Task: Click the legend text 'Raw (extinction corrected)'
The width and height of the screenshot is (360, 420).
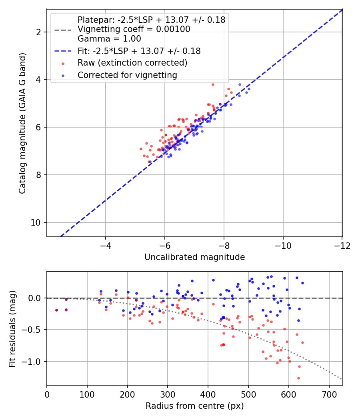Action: click(x=132, y=63)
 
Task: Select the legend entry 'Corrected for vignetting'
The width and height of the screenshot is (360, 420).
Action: click(x=127, y=75)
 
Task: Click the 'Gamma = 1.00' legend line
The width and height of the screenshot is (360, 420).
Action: click(x=109, y=39)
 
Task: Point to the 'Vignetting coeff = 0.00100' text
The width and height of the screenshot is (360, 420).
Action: click(x=134, y=29)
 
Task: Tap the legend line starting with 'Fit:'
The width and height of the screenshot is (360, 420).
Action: click(x=139, y=51)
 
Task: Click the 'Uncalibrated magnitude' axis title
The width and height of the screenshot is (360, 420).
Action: click(x=194, y=257)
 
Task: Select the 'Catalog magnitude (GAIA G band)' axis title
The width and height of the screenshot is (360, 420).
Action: click(x=23, y=123)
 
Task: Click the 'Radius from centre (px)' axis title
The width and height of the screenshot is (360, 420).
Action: click(x=194, y=406)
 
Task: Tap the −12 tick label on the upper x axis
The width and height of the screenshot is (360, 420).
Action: click(x=342, y=245)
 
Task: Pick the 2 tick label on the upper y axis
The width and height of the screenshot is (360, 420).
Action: click(x=38, y=32)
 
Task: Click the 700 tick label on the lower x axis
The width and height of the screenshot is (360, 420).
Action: click(x=329, y=394)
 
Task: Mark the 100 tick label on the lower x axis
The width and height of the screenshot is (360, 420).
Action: click(x=87, y=394)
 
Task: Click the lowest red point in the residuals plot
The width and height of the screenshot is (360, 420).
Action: click(x=298, y=378)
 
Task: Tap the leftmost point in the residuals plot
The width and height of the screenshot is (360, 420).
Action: click(x=56, y=310)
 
